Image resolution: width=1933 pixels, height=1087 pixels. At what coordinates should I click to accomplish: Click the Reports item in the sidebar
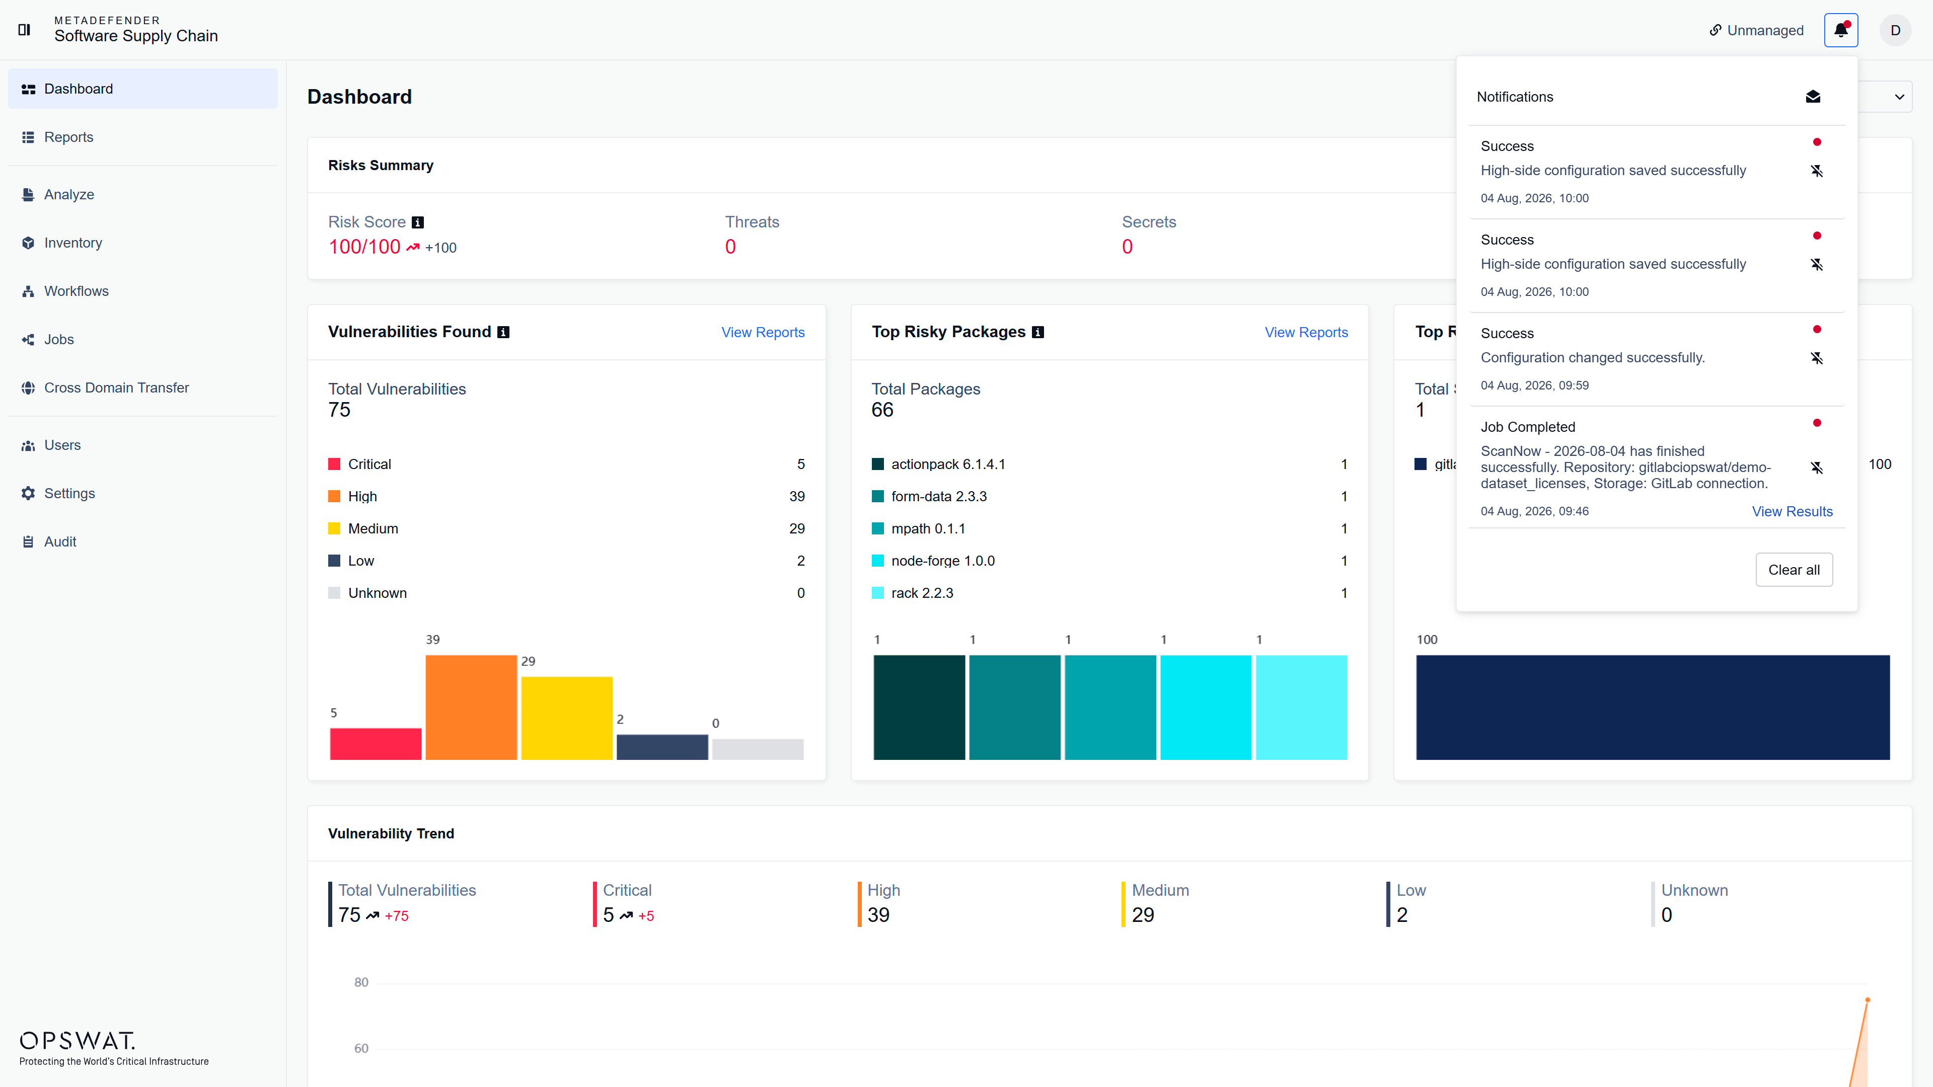point(68,137)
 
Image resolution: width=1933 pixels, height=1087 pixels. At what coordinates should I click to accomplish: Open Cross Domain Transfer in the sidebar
point(116,388)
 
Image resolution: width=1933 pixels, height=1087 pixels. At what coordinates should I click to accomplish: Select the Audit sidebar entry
point(60,541)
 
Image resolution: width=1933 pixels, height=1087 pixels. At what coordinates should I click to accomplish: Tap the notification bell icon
point(1841,30)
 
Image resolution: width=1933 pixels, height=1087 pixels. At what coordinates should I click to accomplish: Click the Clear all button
point(1794,570)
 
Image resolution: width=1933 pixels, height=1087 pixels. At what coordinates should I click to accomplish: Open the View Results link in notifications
point(1792,512)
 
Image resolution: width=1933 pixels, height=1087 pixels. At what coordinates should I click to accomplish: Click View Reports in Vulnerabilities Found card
point(763,332)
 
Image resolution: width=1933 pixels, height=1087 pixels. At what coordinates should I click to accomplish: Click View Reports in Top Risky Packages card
point(1306,332)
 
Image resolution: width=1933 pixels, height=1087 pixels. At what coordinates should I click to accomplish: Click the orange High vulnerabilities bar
point(471,708)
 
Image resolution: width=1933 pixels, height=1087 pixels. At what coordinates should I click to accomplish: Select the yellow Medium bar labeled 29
point(566,719)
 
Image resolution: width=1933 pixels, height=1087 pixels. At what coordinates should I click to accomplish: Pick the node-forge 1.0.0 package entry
point(942,561)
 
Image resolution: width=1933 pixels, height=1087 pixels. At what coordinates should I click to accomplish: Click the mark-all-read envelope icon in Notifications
point(1813,97)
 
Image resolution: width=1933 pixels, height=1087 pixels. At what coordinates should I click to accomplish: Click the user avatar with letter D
point(1895,30)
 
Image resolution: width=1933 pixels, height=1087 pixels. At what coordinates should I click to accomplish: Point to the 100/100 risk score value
point(364,247)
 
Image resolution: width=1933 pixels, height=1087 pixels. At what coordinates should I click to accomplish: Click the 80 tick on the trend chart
point(361,983)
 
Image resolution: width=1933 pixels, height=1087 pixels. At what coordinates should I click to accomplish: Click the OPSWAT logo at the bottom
point(78,1041)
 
